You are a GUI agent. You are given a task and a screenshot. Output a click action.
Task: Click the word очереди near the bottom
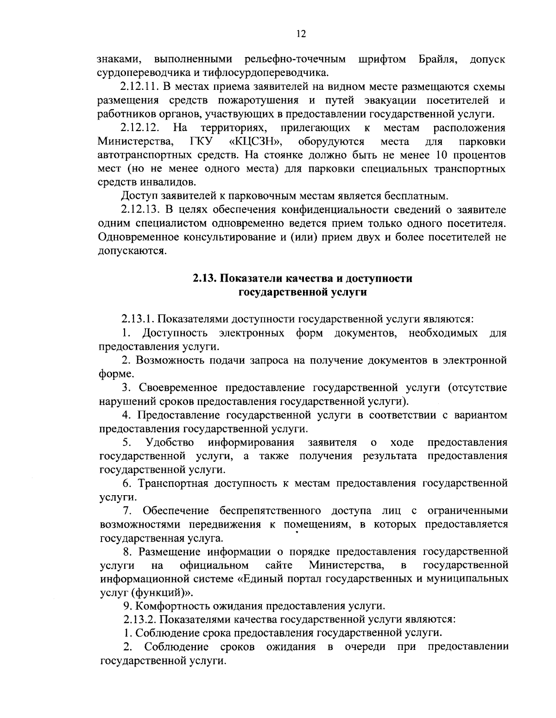pyautogui.click(x=365, y=647)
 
